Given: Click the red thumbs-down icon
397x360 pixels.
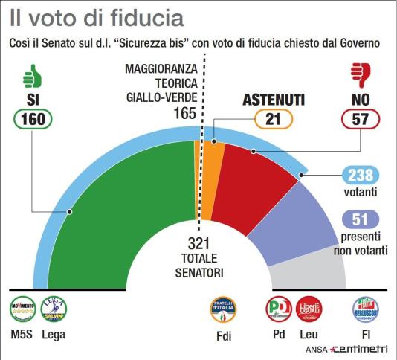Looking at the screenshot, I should coord(361,74).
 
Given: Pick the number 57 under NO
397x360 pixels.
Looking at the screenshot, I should coord(361,118).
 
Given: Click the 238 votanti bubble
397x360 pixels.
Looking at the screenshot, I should coord(361,176).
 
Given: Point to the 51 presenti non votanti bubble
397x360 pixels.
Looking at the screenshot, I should coord(361,220).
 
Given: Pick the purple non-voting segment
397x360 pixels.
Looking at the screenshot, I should coord(297,223).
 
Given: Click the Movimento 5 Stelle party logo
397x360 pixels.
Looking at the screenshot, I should coord(22,309).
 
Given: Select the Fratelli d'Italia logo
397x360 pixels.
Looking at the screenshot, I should coord(223,309).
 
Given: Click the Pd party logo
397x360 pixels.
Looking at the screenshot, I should coord(278,309).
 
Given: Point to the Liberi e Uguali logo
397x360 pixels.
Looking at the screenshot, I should coord(309,309).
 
